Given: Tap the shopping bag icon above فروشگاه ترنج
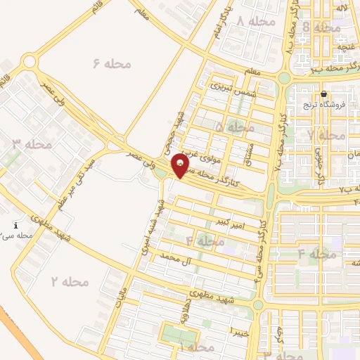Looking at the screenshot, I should (323, 94).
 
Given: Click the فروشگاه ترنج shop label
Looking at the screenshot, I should (321, 105).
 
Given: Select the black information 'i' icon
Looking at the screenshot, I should (15, 226).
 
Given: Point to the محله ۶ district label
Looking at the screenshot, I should (112, 64).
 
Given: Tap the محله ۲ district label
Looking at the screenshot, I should (70, 281).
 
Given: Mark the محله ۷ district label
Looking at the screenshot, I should (327, 134).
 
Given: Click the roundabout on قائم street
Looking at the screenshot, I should (29, 62).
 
